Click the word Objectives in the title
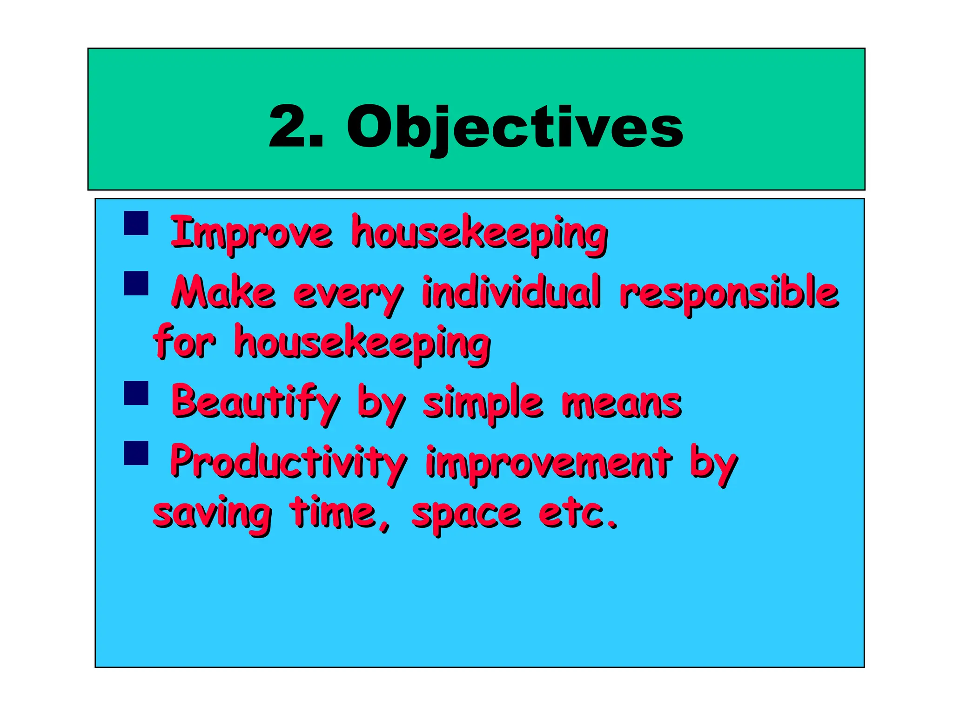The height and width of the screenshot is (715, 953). pyautogui.click(x=515, y=127)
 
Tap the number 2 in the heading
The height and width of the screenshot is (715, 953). pyautogui.click(x=288, y=126)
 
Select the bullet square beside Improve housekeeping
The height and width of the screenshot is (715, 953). pyautogui.click(x=136, y=223)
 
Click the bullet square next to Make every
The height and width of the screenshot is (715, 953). pyautogui.click(x=136, y=283)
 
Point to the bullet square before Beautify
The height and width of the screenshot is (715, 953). pyautogui.click(x=136, y=393)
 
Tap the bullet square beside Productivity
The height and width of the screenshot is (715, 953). pyautogui.click(x=136, y=453)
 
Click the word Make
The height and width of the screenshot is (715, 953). pyautogui.click(x=223, y=292)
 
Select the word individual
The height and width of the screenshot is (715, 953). pyautogui.click(x=511, y=292)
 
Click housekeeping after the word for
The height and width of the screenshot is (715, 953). pyautogui.click(x=362, y=344)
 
